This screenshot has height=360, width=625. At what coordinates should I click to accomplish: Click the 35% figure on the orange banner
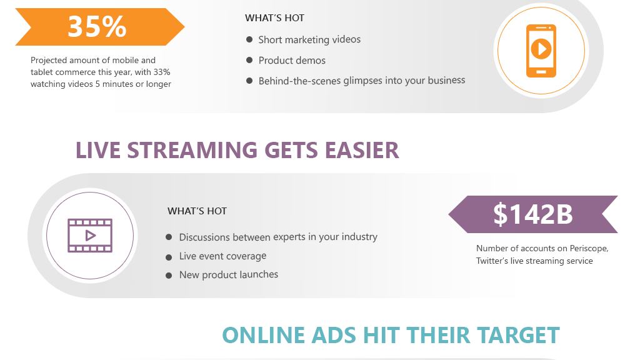[x=97, y=27]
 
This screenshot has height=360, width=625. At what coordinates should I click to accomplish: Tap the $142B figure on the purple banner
[x=533, y=214]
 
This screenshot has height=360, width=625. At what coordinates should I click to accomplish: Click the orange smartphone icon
[x=541, y=51]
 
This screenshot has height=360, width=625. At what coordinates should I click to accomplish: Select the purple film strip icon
[x=90, y=236]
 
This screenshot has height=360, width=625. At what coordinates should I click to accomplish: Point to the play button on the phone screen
[x=541, y=49]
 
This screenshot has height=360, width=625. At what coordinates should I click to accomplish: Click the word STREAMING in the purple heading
[x=192, y=150]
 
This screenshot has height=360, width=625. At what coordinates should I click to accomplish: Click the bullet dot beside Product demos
[x=249, y=60]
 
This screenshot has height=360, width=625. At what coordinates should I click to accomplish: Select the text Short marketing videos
[x=309, y=39]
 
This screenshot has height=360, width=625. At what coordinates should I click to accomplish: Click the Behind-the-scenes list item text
[x=362, y=81]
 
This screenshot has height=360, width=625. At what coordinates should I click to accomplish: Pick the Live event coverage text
[x=222, y=256]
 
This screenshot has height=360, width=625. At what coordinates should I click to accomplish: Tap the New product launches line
[x=228, y=274]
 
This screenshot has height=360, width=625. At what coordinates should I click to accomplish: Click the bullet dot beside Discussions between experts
[x=169, y=237]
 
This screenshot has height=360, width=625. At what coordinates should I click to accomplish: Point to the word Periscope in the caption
[x=589, y=248]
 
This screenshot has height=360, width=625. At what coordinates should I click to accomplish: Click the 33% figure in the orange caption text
[x=162, y=72]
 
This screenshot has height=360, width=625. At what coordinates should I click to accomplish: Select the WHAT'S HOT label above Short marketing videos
[x=274, y=18]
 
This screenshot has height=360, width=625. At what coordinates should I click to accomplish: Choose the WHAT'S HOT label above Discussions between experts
[x=197, y=211]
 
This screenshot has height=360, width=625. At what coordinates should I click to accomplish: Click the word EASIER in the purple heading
[x=361, y=150]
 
